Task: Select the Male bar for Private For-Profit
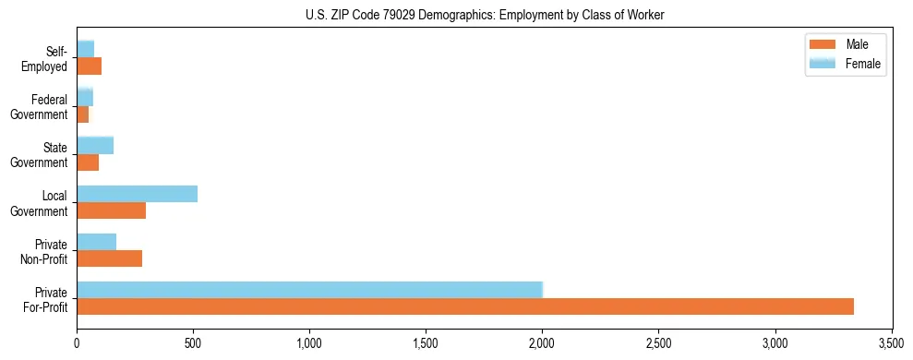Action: pos(465,306)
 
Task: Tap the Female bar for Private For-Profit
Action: pos(309,289)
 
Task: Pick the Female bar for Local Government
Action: pos(137,194)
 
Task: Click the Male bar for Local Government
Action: pos(111,210)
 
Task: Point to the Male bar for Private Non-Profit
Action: pos(109,258)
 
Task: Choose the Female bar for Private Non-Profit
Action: pos(96,242)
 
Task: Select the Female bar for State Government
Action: pos(95,145)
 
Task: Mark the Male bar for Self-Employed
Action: pos(89,66)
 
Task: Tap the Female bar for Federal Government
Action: pos(85,97)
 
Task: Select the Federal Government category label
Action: pos(40,106)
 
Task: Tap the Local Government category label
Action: pos(40,203)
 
